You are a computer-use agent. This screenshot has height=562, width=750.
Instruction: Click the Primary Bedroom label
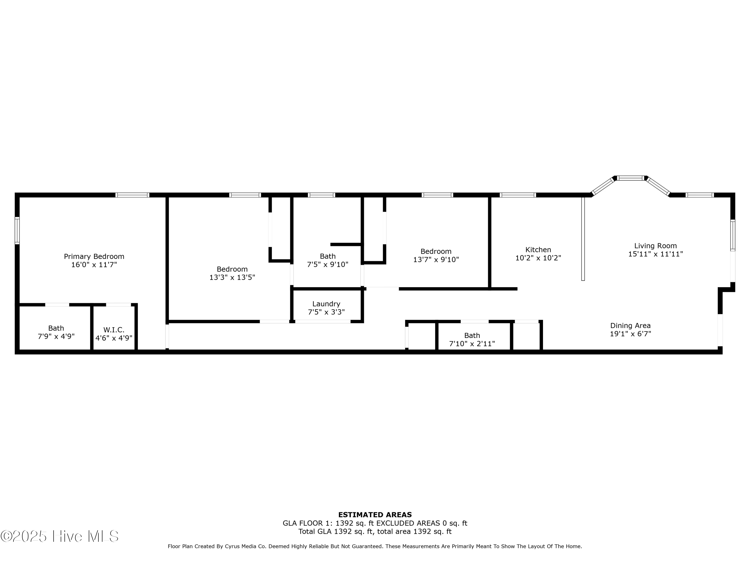[x=94, y=257]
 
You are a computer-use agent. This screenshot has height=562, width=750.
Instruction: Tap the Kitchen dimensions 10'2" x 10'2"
[x=538, y=258]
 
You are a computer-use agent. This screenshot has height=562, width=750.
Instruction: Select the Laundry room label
[x=326, y=304]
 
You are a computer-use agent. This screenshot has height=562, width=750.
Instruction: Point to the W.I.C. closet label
[x=114, y=330]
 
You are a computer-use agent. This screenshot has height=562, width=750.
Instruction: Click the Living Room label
[x=655, y=246]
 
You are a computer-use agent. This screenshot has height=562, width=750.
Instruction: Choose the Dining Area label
[x=630, y=325]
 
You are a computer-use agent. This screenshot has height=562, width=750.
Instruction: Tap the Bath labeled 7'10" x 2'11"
[x=472, y=339]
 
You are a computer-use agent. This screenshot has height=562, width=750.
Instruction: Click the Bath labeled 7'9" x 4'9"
[x=56, y=332]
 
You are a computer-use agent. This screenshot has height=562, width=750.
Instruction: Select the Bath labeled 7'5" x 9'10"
[x=327, y=260]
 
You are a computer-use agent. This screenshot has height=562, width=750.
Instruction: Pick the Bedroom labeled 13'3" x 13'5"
[x=232, y=273]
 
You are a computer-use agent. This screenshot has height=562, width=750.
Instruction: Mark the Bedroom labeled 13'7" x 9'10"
[x=436, y=256]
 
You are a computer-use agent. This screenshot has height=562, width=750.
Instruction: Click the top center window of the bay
[x=630, y=178]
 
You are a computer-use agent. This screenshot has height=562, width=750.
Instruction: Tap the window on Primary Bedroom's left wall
[x=17, y=230]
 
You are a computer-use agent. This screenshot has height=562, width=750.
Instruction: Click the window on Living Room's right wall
[x=733, y=236]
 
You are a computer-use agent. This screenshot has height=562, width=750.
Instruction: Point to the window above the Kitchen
[x=517, y=195]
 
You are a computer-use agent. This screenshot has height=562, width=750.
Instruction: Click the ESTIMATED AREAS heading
[x=375, y=515]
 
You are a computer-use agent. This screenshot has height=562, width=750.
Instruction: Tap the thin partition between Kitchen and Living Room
[x=583, y=239]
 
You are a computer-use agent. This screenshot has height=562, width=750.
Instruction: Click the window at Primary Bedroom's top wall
[x=132, y=195]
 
